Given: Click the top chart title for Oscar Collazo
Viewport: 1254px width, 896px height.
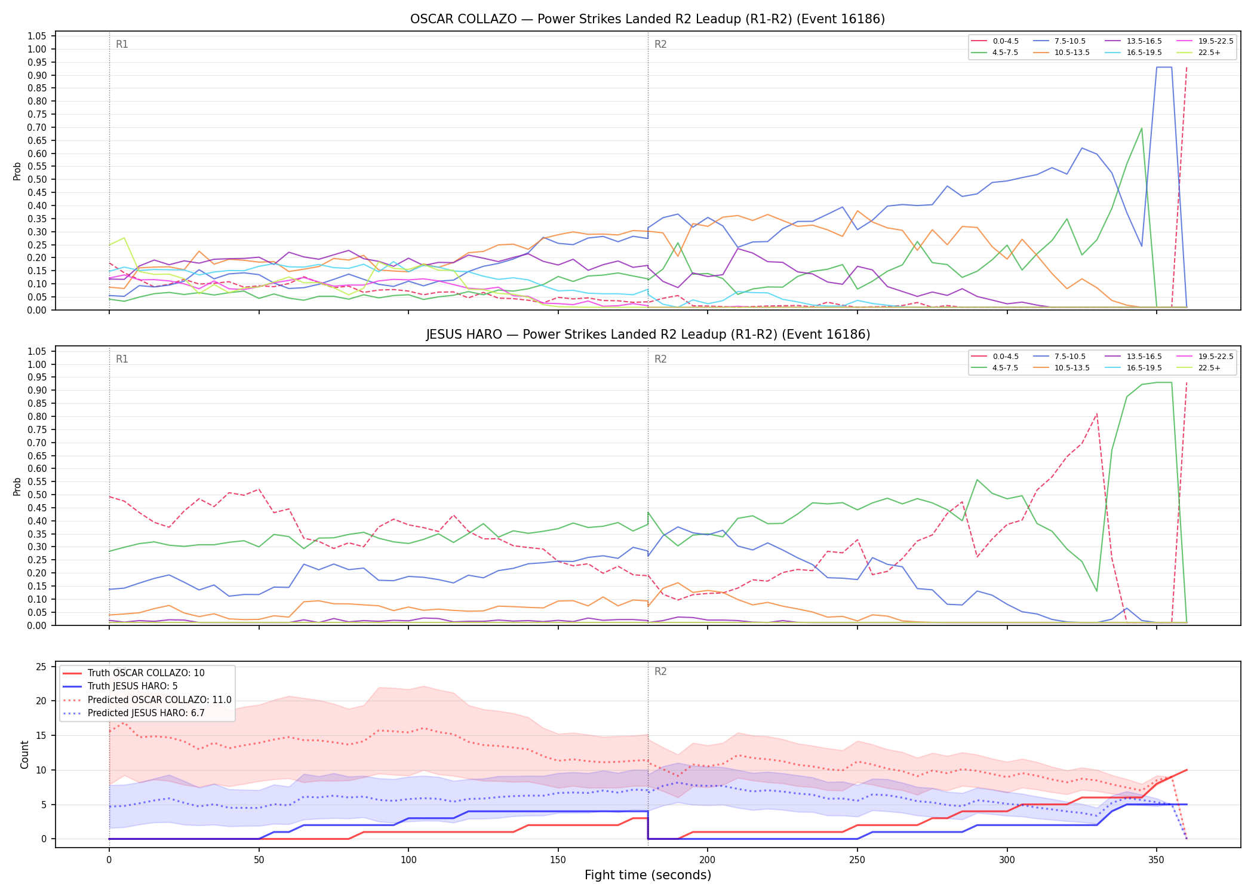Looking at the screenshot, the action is point(647,19).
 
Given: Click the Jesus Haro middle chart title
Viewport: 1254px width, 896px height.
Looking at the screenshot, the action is point(648,335).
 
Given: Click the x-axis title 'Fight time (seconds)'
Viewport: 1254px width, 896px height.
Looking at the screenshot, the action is point(648,875).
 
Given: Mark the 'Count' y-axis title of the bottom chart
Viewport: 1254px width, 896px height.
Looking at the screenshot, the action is point(24,754).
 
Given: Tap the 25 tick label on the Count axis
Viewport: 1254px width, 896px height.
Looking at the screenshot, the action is point(42,667).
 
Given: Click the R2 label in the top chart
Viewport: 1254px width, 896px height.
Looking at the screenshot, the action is point(660,44).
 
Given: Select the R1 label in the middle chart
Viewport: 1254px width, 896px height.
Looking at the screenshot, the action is point(122,359).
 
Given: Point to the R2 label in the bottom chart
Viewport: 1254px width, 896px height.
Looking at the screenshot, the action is point(660,671).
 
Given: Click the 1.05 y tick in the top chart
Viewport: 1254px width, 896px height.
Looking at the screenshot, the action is point(37,36).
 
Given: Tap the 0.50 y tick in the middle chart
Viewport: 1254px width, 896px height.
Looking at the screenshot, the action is point(37,495).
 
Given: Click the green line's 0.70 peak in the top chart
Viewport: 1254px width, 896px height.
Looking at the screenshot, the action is point(1141,128).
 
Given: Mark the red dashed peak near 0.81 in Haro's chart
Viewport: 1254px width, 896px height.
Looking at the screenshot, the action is point(1096,413).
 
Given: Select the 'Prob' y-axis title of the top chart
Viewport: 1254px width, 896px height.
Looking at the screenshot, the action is point(17,171).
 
